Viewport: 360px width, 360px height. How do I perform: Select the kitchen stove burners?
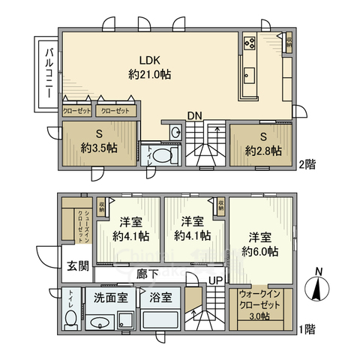(x=250, y=44)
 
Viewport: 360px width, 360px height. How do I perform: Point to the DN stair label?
(x=194, y=116)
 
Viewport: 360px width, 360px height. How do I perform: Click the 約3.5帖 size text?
(x=100, y=148)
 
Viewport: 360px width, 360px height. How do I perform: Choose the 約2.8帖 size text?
(x=263, y=150)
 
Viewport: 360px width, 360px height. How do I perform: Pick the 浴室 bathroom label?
(x=160, y=297)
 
